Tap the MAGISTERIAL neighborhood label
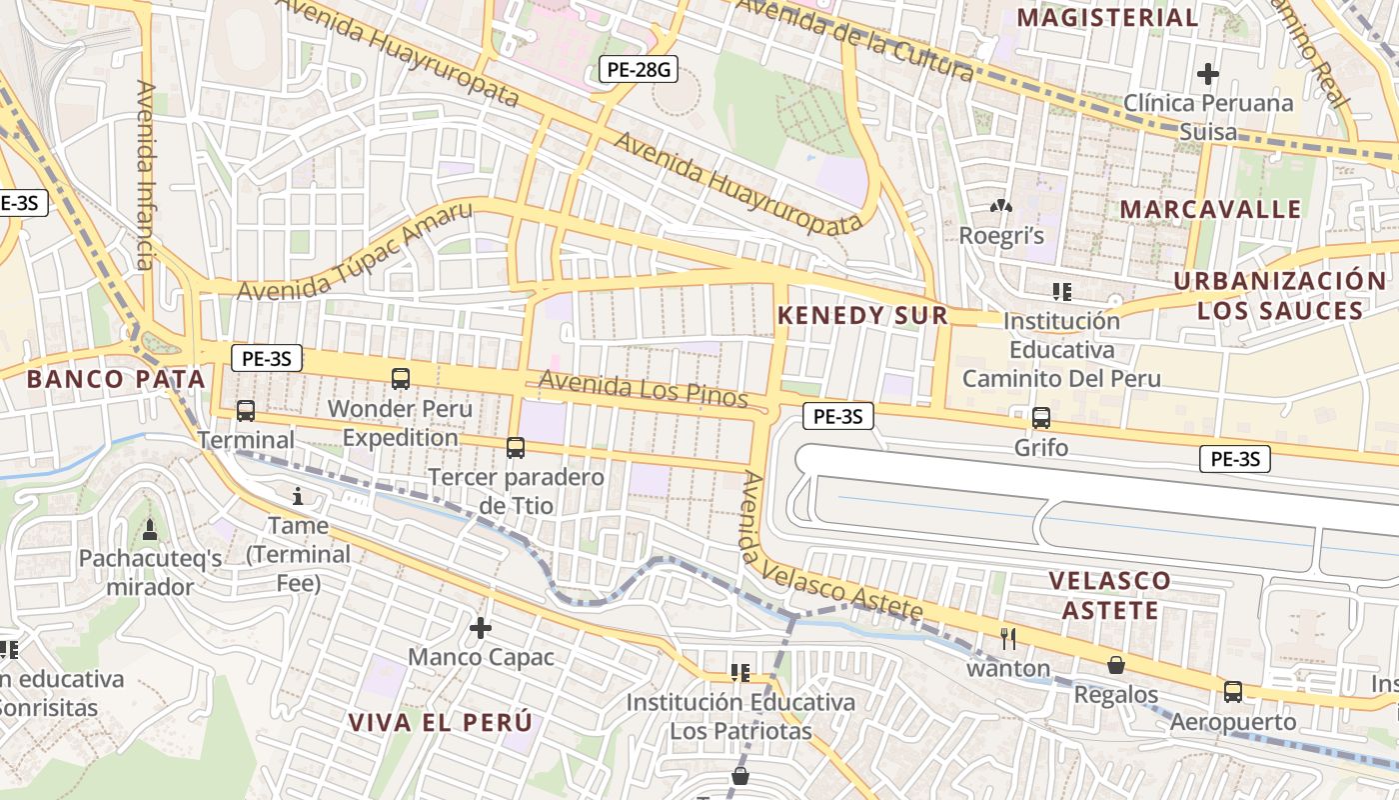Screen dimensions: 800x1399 (1107, 17)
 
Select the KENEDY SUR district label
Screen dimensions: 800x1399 (862, 315)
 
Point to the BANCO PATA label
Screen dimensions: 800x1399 (116, 379)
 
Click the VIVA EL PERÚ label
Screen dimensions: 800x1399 (441, 723)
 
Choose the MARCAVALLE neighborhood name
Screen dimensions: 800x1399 (1210, 209)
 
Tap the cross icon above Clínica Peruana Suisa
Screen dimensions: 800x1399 (1208, 73)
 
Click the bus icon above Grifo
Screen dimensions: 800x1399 (1041, 418)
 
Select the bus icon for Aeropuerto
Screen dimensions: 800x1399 (1233, 692)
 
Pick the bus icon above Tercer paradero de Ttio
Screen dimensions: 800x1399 (516, 448)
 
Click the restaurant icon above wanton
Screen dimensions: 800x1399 (1008, 638)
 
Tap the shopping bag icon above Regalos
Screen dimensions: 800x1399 (1116, 665)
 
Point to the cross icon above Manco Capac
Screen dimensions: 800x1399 (481, 628)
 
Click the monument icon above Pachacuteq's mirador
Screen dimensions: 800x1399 (150, 529)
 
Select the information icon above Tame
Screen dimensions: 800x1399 (297, 496)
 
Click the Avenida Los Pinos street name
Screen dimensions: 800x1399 (644, 388)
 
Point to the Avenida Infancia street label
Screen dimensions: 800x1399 (146, 176)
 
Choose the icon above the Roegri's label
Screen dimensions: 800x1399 (999, 206)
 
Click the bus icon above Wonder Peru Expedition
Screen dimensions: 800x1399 (401, 378)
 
